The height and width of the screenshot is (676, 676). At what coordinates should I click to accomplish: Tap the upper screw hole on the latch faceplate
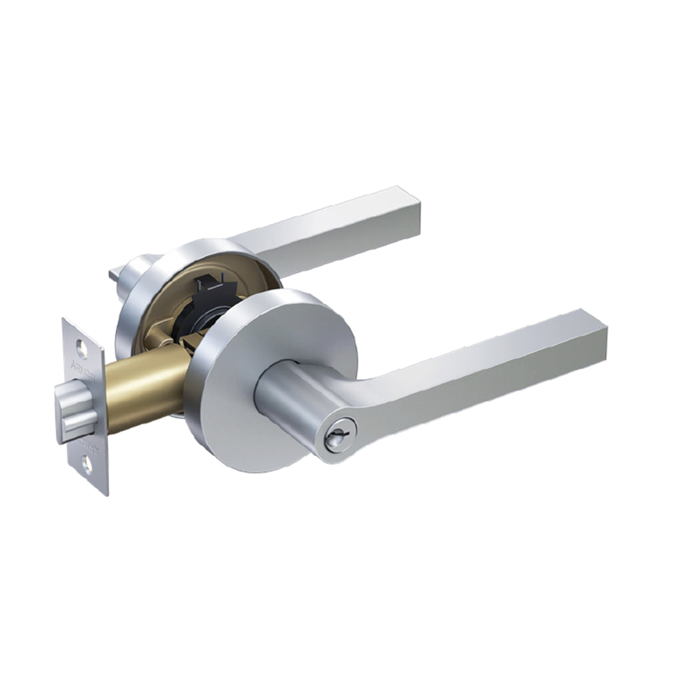click(x=81, y=348)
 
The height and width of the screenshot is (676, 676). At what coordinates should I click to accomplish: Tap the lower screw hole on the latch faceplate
click(x=87, y=466)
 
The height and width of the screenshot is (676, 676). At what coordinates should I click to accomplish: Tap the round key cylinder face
click(x=334, y=439)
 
